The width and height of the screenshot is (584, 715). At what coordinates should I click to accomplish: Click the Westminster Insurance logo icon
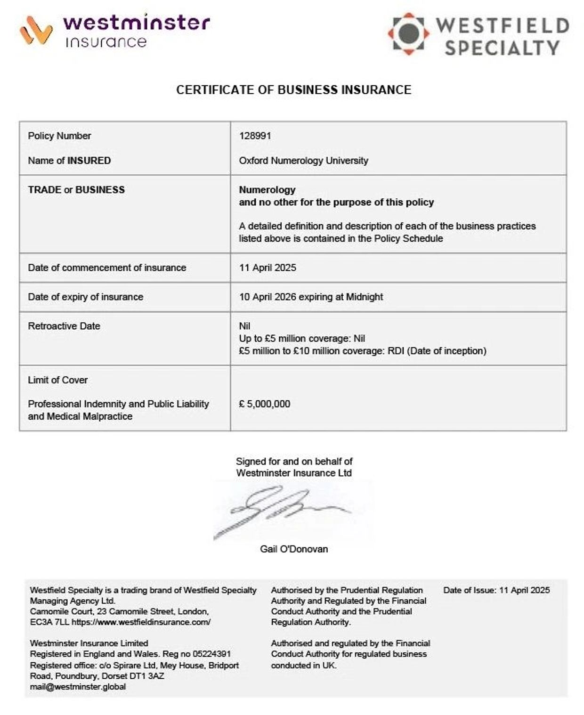(x=36, y=30)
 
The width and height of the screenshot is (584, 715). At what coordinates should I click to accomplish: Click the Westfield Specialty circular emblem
(x=408, y=33)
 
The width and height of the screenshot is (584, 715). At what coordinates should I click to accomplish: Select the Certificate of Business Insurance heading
(x=293, y=89)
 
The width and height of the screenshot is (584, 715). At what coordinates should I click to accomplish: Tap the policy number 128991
(x=255, y=136)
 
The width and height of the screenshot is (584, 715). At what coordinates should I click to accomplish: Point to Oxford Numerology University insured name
(x=303, y=161)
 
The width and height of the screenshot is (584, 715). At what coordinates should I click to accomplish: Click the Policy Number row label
(x=59, y=136)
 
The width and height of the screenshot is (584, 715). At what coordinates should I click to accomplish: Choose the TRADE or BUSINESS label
(x=76, y=190)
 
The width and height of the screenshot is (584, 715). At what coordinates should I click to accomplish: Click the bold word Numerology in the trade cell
(x=267, y=190)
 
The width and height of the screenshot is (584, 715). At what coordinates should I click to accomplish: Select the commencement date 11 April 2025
(x=268, y=268)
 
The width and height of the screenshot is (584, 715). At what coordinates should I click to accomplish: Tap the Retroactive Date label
(x=64, y=326)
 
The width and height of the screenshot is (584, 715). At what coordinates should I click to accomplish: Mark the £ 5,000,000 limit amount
(x=264, y=404)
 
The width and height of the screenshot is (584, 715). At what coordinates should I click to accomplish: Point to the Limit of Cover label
(x=58, y=380)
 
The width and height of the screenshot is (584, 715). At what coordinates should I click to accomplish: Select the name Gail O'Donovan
(x=294, y=549)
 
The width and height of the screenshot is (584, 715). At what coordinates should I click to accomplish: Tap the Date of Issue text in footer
(x=496, y=590)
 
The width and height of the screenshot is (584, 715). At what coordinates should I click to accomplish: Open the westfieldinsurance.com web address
(x=141, y=622)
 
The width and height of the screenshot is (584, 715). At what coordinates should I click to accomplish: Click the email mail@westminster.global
(x=78, y=687)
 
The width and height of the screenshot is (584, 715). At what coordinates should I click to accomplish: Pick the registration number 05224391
(x=211, y=654)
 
